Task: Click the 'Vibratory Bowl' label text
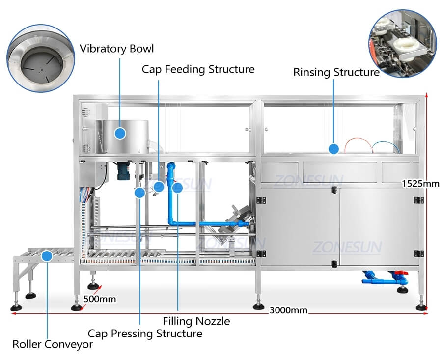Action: pyautogui.click(x=117, y=49)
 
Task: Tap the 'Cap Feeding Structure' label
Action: pyautogui.click(x=198, y=69)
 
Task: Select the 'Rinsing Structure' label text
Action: pyautogui.click(x=336, y=72)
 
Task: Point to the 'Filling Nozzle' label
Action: pyautogui.click(x=196, y=321)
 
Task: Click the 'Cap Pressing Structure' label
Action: pyautogui.click(x=145, y=334)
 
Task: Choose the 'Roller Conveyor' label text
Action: pyautogui.click(x=53, y=344)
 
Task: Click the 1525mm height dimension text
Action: pyautogui.click(x=420, y=184)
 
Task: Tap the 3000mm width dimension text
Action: pyautogui.click(x=288, y=310)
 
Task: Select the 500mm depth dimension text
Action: pyautogui.click(x=100, y=298)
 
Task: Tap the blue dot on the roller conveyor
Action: pyautogui.click(x=47, y=255)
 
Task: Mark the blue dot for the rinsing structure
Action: pyautogui.click(x=334, y=148)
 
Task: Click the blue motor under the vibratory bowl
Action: pyautogui.click(x=122, y=169)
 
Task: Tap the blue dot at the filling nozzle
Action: pyautogui.click(x=178, y=187)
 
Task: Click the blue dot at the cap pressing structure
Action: pyautogui.click(x=139, y=192)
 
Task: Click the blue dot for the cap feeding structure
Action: pyautogui.click(x=159, y=187)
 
